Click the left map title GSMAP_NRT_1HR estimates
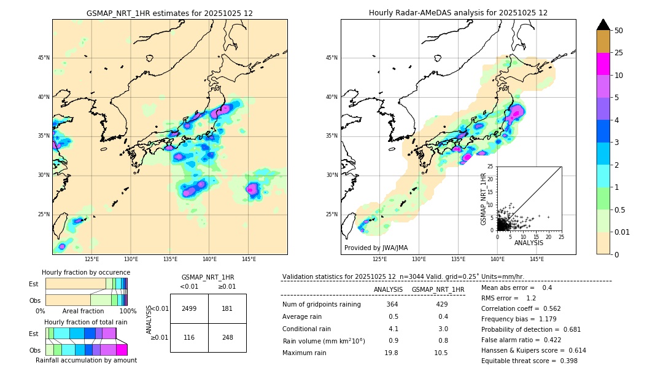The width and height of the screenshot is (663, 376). [169, 13]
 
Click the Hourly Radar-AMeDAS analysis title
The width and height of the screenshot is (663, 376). [458, 13]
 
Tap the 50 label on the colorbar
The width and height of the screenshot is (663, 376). [619, 31]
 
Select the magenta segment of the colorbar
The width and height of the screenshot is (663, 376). [603, 64]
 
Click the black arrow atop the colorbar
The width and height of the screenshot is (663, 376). [603, 25]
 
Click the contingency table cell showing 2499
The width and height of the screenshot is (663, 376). [189, 308]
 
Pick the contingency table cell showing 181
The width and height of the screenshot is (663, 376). [227, 308]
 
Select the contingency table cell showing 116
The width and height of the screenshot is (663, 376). [189, 338]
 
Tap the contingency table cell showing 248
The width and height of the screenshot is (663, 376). [227, 338]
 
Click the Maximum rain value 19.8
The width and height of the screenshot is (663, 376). [392, 353]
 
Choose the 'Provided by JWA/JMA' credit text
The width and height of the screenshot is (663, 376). [376, 248]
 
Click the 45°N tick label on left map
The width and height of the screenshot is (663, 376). [44, 58]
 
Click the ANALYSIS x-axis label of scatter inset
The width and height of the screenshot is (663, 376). [529, 243]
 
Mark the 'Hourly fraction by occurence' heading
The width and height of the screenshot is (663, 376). [86, 272]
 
